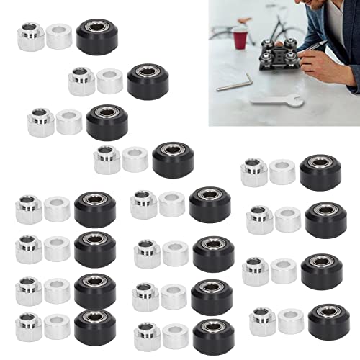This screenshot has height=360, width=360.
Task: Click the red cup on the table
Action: coord(240,37)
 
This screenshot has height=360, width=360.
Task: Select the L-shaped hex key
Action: coord(234,82)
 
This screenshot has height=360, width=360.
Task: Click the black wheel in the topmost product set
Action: coord(96,37)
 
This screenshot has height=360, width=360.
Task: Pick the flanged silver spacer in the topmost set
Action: coord(31,37)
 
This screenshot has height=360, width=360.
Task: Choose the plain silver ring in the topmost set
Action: coord(59,37)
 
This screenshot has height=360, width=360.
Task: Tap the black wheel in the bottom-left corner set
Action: coord(94,327)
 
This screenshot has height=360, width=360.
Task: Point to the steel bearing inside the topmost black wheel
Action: coord(96,29)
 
